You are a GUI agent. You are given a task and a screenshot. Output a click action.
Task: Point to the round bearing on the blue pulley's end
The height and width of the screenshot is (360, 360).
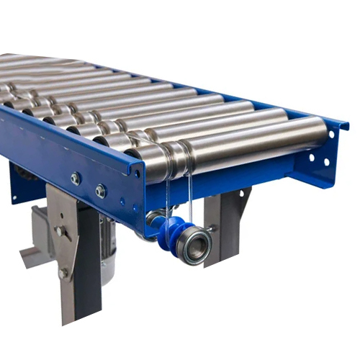[194, 246]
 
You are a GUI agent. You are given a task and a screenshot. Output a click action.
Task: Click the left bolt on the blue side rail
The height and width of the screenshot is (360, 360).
[75, 178]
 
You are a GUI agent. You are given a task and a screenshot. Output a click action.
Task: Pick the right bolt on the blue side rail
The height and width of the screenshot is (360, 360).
[100, 191]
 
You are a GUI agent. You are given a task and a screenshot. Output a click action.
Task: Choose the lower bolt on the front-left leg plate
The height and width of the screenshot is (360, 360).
[64, 274]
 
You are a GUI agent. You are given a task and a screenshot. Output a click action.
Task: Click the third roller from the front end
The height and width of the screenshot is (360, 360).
[194, 115]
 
